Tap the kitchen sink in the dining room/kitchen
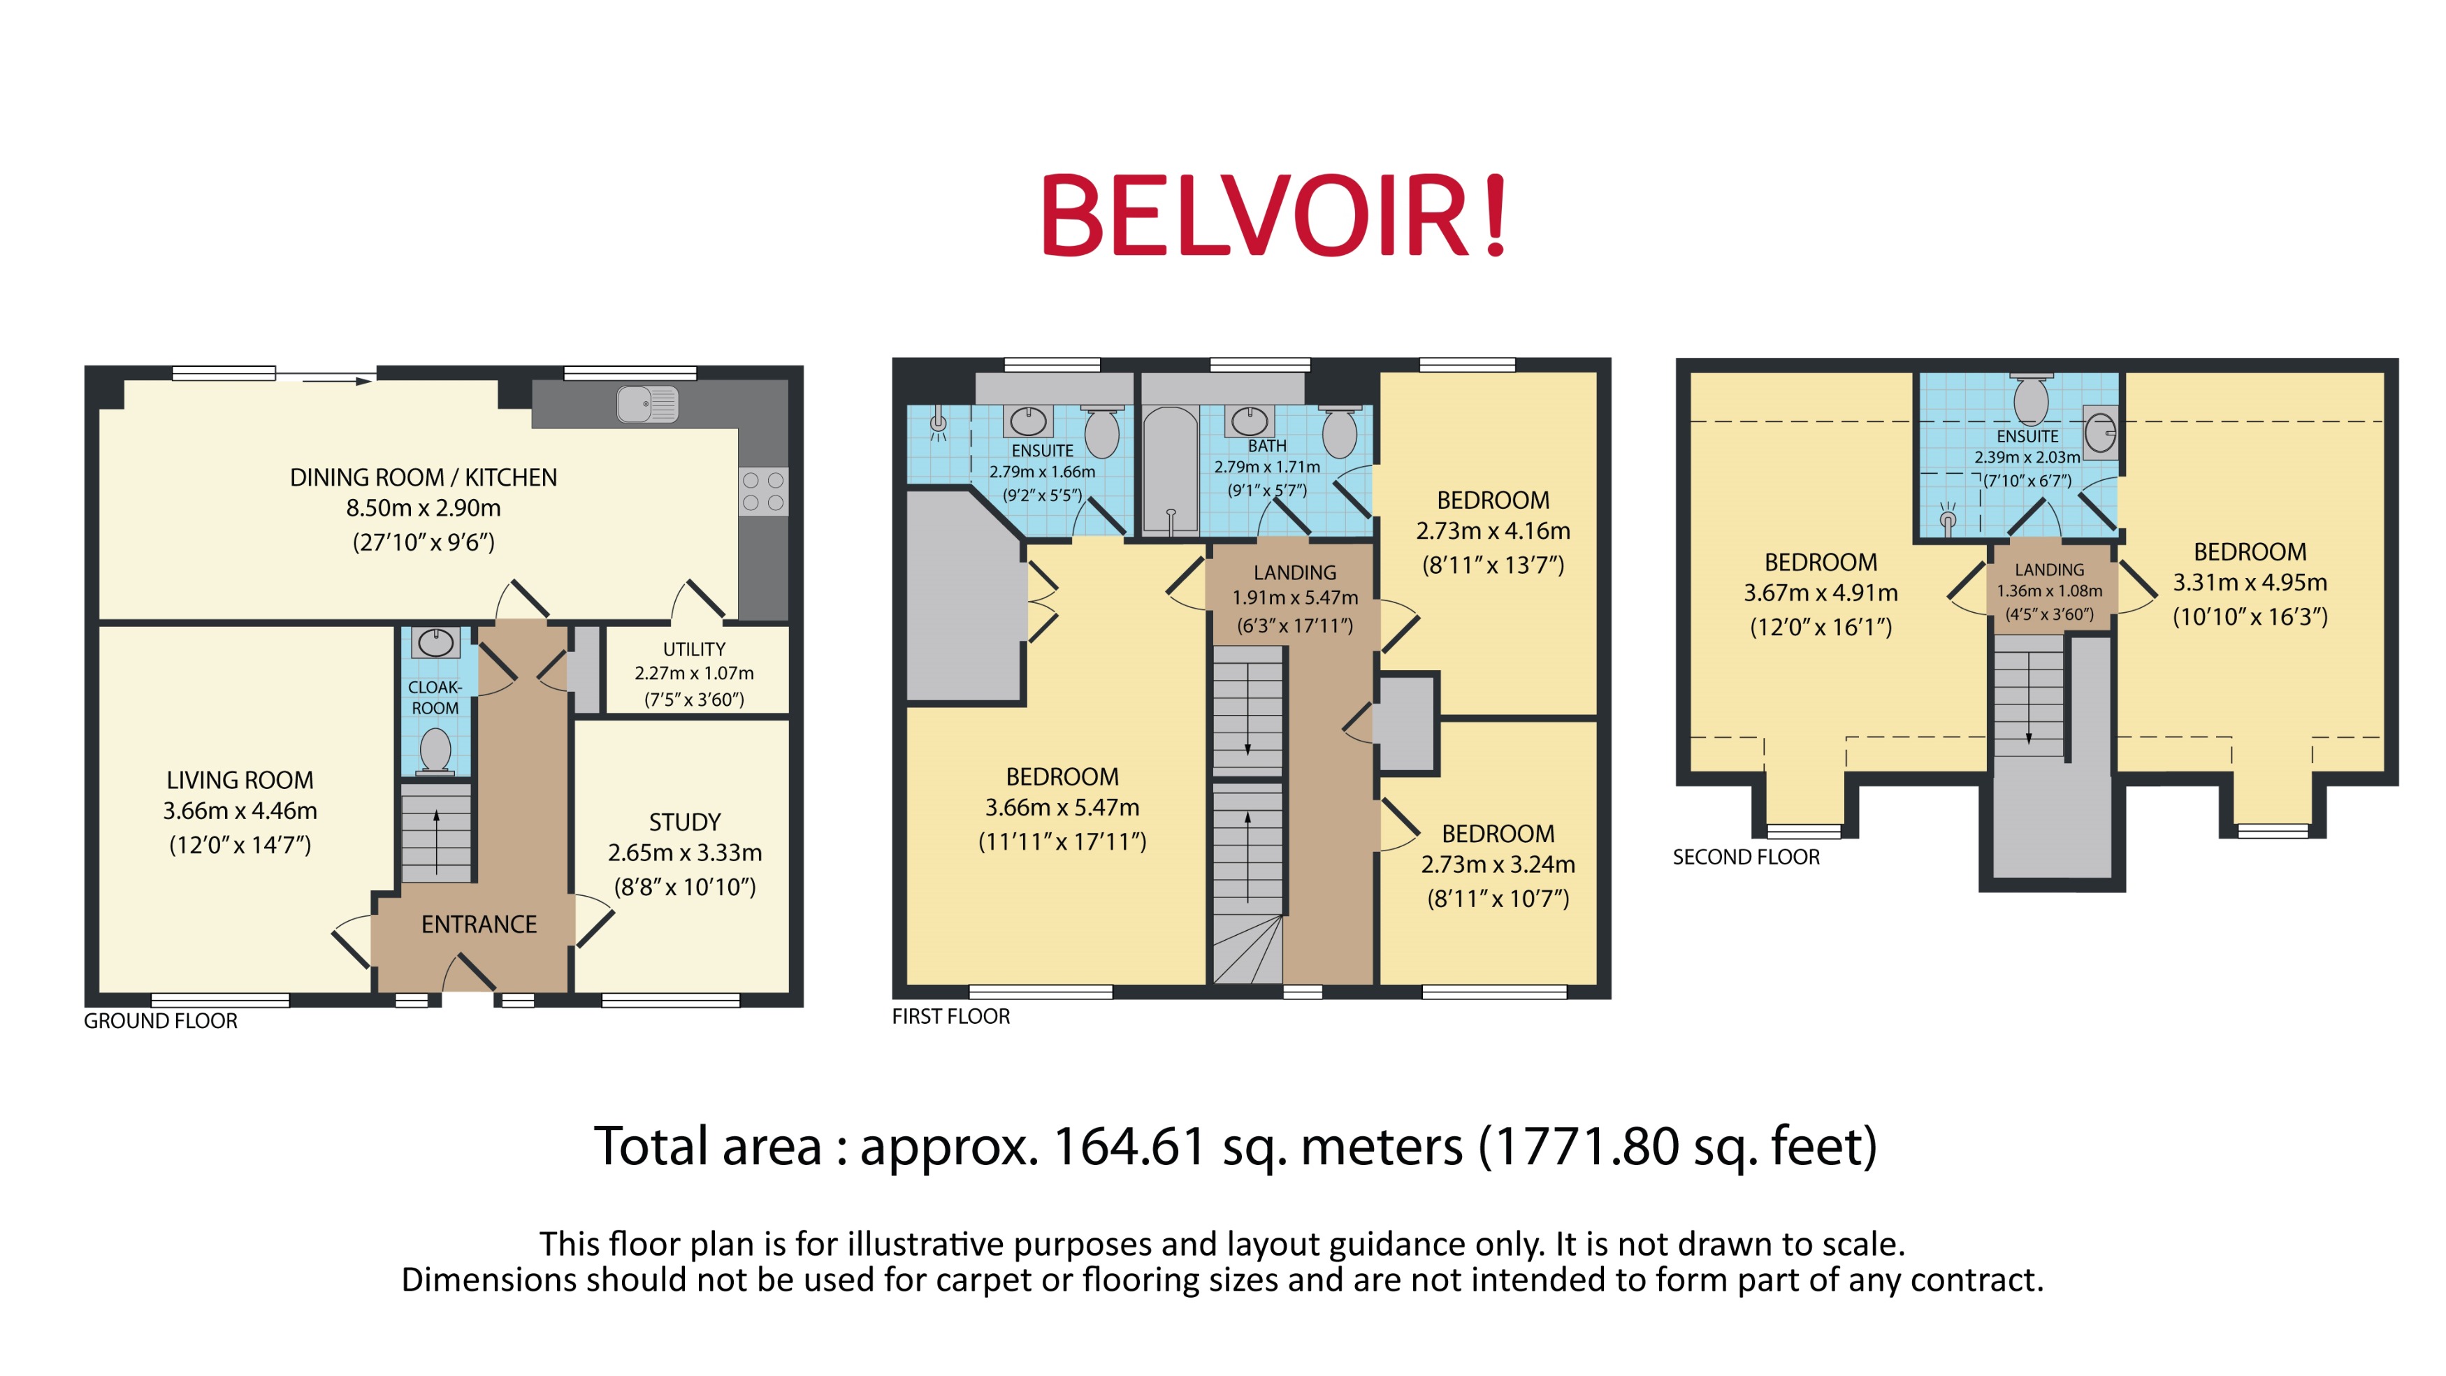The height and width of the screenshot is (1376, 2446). click(x=646, y=405)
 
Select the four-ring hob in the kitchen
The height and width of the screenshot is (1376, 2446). click(x=762, y=492)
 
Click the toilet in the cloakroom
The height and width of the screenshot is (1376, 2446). click(x=435, y=749)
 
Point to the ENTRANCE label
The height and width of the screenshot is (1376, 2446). click(x=479, y=924)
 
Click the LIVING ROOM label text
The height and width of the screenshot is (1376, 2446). click(x=239, y=781)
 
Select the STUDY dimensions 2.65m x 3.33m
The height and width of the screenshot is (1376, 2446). click(x=685, y=853)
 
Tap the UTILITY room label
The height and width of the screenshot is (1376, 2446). click(x=693, y=649)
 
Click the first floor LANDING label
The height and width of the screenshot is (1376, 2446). click(x=1294, y=572)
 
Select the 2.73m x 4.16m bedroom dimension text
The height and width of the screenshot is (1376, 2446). click(x=1493, y=531)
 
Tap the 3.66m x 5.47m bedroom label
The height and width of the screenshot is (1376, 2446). click(x=1062, y=807)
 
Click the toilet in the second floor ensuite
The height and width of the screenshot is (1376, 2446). click(x=2030, y=399)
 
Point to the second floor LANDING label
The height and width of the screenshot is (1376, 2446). click(x=2049, y=570)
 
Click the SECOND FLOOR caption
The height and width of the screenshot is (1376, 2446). click(x=1745, y=857)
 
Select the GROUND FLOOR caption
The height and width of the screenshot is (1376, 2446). click(x=161, y=1021)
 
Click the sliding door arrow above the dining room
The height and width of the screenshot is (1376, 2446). click(x=337, y=381)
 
